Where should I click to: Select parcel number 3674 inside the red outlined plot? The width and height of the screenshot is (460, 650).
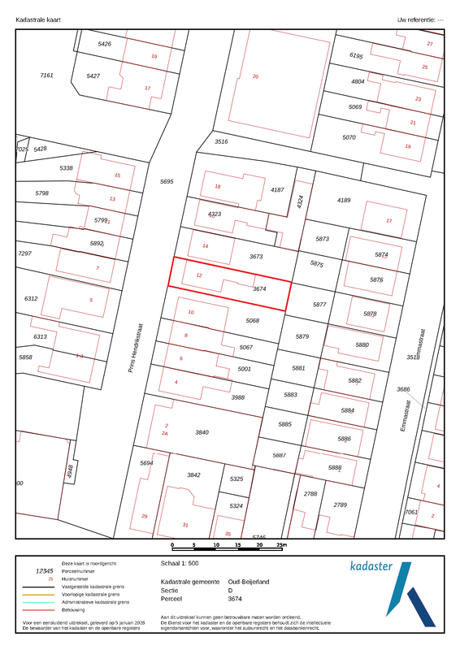pyautogui.click(x=259, y=288)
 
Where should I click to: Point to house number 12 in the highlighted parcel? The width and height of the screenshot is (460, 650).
pyautogui.click(x=199, y=275)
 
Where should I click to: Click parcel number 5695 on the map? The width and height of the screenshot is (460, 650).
pyautogui.click(x=167, y=182)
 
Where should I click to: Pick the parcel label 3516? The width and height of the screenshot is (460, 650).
pyautogui.click(x=221, y=141)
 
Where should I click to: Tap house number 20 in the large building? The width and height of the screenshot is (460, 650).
pyautogui.click(x=255, y=76)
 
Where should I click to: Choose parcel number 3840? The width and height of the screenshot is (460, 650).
pyautogui.click(x=202, y=432)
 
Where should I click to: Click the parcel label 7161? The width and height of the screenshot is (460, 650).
pyautogui.click(x=46, y=75)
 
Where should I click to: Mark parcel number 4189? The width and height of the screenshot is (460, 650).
pyautogui.click(x=343, y=200)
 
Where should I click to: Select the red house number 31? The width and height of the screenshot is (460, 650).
pyautogui.click(x=185, y=524)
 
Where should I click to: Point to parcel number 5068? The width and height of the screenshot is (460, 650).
pyautogui.click(x=253, y=321)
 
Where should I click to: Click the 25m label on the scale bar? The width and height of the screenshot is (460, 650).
pyautogui.click(x=283, y=545)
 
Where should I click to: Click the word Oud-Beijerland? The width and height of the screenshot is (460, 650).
pyautogui.click(x=249, y=581)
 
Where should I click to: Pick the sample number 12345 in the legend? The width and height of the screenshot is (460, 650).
pyautogui.click(x=41, y=570)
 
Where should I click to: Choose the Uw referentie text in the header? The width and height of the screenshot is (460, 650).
pyautogui.click(x=419, y=18)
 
